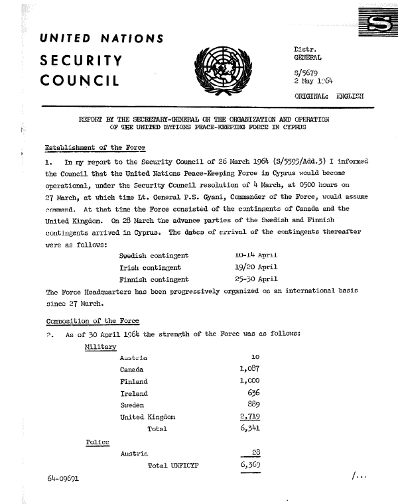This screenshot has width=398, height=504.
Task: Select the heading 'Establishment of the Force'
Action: pyautogui.click(x=94, y=146)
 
